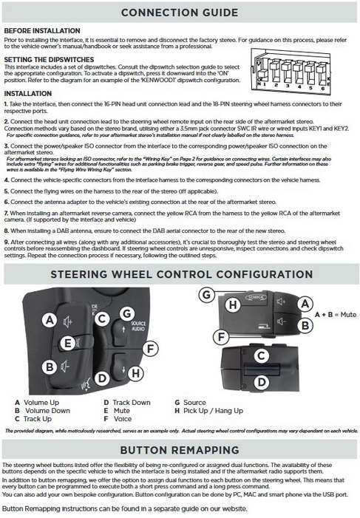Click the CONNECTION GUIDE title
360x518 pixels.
pos(180,13)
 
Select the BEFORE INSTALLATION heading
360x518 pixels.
pos(42,31)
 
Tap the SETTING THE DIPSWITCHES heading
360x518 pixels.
pos(49,59)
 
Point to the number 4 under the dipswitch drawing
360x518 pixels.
pos(299,87)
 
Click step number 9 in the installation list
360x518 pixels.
pos(6,242)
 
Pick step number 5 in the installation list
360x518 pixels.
pos(6,191)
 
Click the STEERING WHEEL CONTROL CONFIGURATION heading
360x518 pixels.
pos(182,274)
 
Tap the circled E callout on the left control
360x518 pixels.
pos(68,344)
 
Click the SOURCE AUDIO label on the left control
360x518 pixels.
pos(138,326)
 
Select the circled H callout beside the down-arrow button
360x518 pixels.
pos(135,373)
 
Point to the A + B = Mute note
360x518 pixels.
pos(335,315)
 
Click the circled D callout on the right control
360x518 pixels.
pos(262,382)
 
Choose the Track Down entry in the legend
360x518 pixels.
pos(127,403)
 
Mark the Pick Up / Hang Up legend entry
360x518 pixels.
pos(209,411)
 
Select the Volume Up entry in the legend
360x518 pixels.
pos(37,403)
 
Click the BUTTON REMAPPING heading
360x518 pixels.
pos(180,450)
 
